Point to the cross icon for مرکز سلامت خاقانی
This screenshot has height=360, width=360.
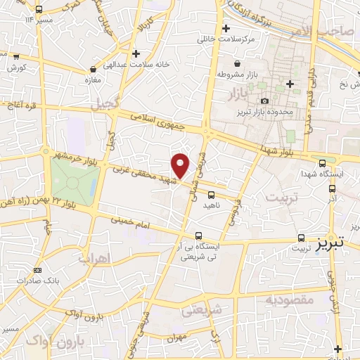226,29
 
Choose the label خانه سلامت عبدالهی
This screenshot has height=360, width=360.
138,64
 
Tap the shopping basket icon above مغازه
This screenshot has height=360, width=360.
94,70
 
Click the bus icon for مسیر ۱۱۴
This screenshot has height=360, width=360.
38,9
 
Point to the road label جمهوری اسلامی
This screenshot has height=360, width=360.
160,124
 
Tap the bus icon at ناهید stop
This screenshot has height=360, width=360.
211,195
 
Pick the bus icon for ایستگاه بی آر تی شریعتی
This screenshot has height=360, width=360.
200,236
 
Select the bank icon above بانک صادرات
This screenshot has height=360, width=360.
37,271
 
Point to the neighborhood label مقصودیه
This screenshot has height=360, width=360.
289,300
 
